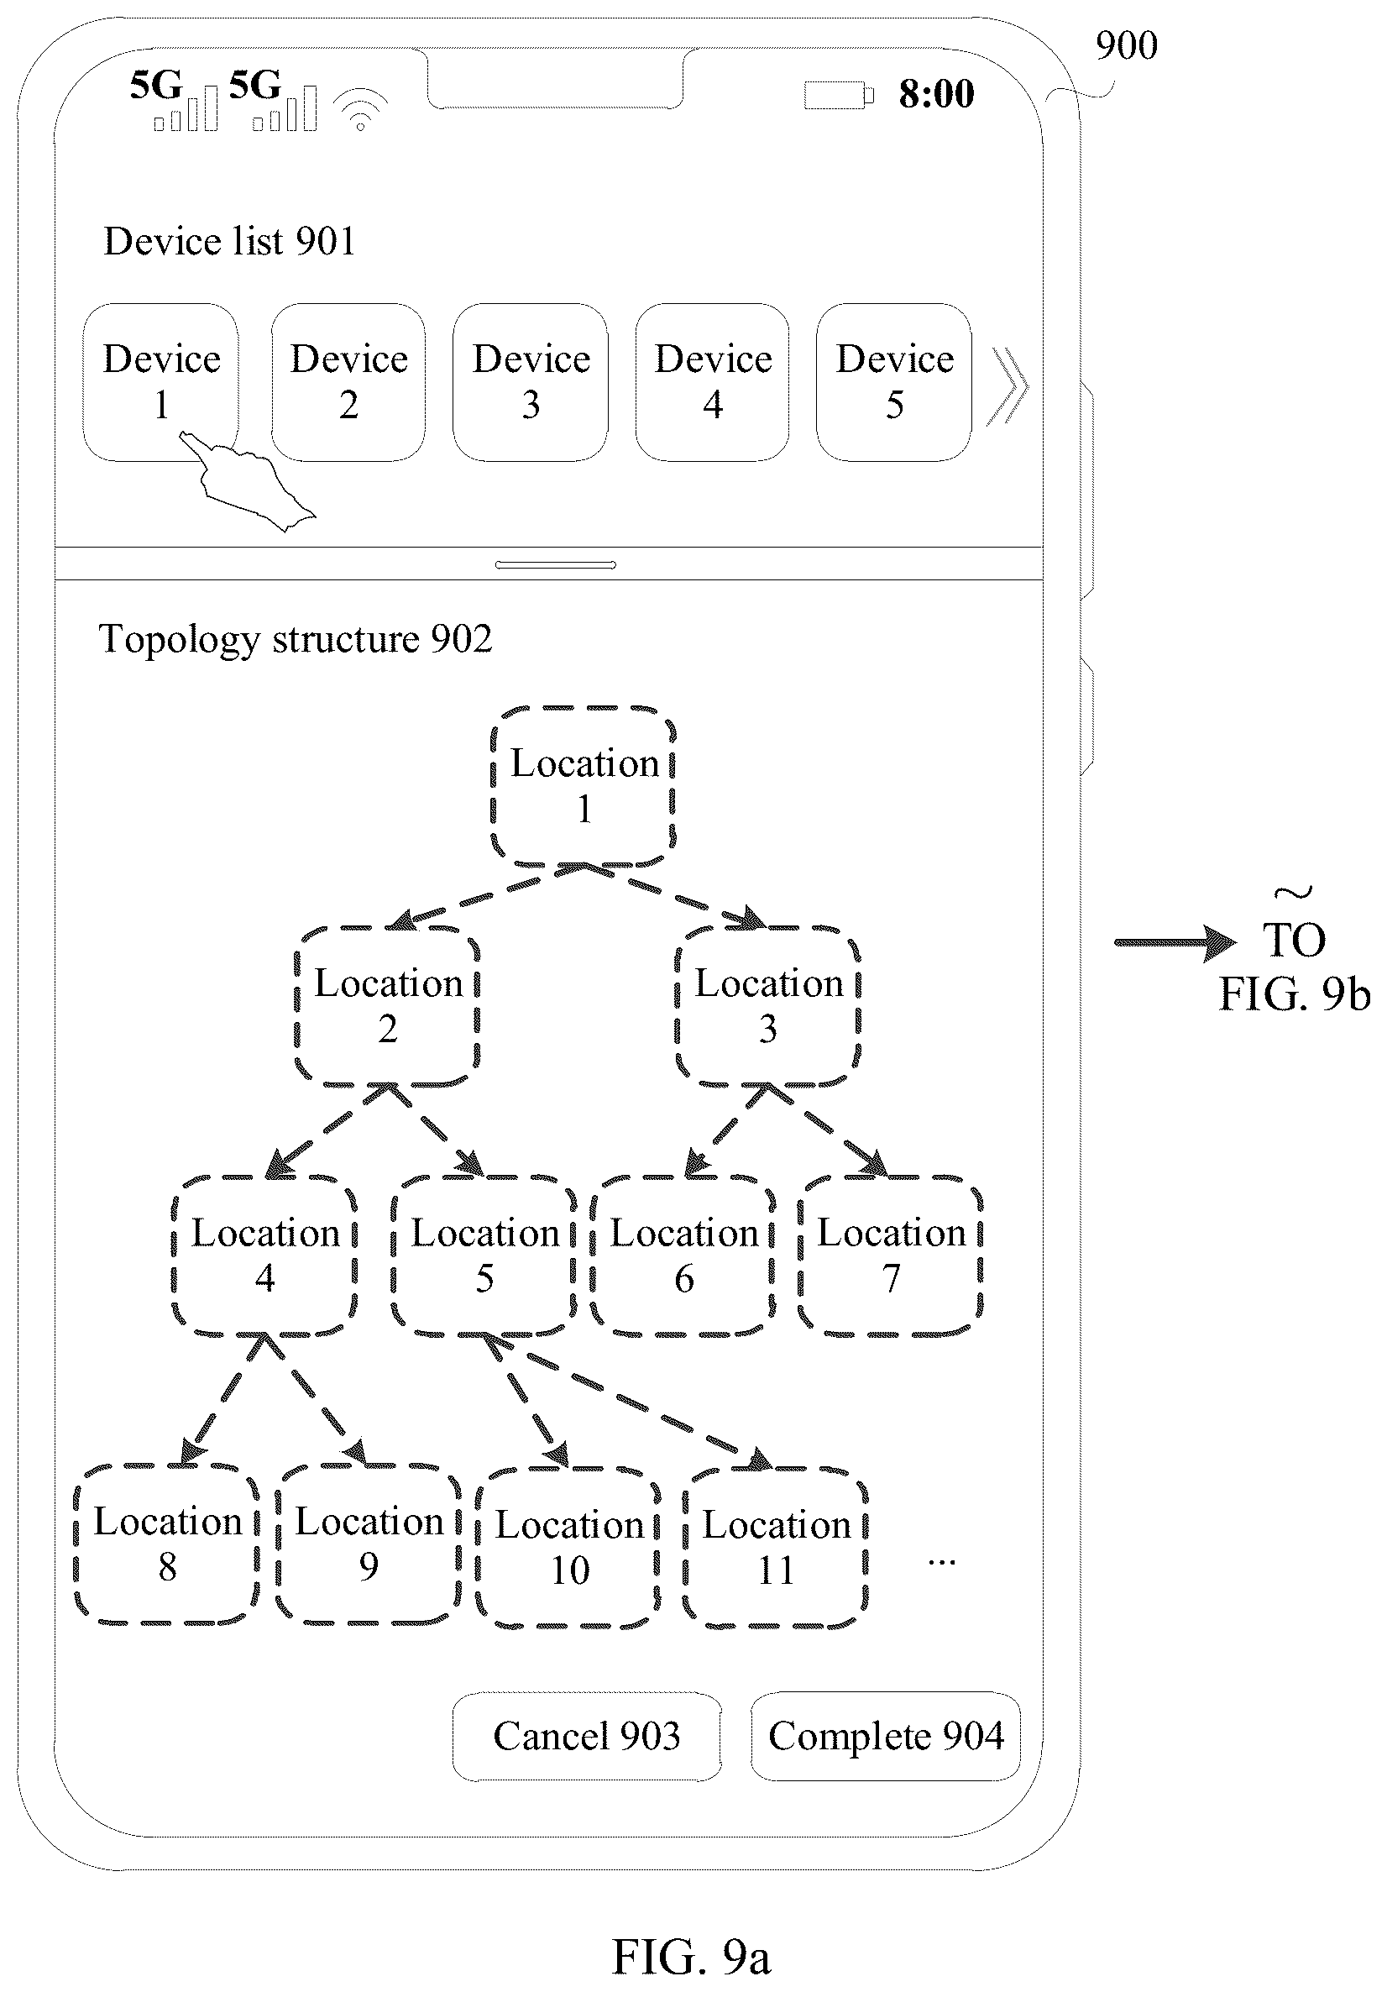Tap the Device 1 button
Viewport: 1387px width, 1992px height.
(160, 382)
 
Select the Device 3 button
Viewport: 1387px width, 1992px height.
(530, 382)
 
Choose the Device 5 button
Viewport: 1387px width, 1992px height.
(893, 382)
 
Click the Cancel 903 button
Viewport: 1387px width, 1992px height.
(586, 1736)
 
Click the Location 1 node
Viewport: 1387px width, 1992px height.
(583, 786)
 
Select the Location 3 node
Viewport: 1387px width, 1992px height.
(767, 1006)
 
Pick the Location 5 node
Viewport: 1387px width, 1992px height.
(484, 1255)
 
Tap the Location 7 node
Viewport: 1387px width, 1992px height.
(891, 1255)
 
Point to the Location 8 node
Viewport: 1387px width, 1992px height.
(166, 1544)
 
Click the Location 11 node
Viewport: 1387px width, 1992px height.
(776, 1548)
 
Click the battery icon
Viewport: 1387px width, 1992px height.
(839, 95)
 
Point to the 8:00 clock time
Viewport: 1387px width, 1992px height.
(936, 94)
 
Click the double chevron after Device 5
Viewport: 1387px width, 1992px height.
(1010, 385)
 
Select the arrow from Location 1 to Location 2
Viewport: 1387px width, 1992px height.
(486, 895)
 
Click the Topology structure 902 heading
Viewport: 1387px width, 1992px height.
(296, 639)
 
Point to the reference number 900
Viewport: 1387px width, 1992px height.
(1126, 46)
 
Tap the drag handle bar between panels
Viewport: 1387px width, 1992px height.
(555, 565)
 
